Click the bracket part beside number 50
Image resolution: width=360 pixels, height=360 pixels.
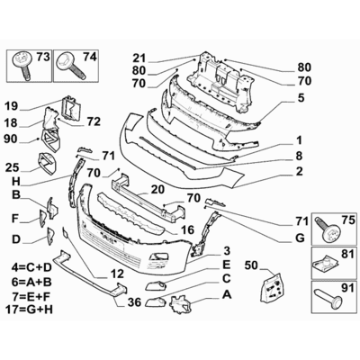[x=270, y=291]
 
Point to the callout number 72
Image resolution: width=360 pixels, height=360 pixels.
[x=94, y=121]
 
